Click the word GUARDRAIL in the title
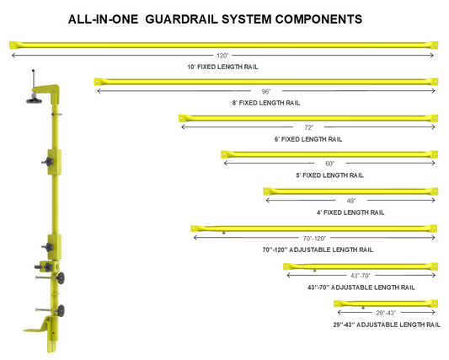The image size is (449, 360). click(182, 19)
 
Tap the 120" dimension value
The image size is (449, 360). click(222, 56)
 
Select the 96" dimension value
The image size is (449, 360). click(266, 91)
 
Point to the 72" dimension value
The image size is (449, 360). click(308, 127)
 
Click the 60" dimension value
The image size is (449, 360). click(329, 164)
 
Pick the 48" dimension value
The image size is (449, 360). click(351, 201)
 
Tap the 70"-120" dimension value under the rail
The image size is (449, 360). click(314, 239)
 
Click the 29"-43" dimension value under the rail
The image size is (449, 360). click(386, 313)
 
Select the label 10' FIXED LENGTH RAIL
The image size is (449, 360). click(222, 67)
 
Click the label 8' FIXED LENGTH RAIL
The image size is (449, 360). click(266, 103)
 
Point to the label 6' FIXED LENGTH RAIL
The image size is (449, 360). click(308, 139)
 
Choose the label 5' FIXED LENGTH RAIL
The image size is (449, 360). click(329, 175)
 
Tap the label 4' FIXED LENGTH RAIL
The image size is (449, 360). click(350, 212)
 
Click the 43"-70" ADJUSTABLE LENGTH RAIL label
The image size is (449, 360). click(361, 287)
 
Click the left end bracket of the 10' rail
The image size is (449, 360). click(13, 45)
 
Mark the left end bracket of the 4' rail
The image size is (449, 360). click(267, 191)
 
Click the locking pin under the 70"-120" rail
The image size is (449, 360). click(223, 233)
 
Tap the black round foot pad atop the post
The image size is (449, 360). click(34, 100)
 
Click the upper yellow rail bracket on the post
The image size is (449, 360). click(54, 162)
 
